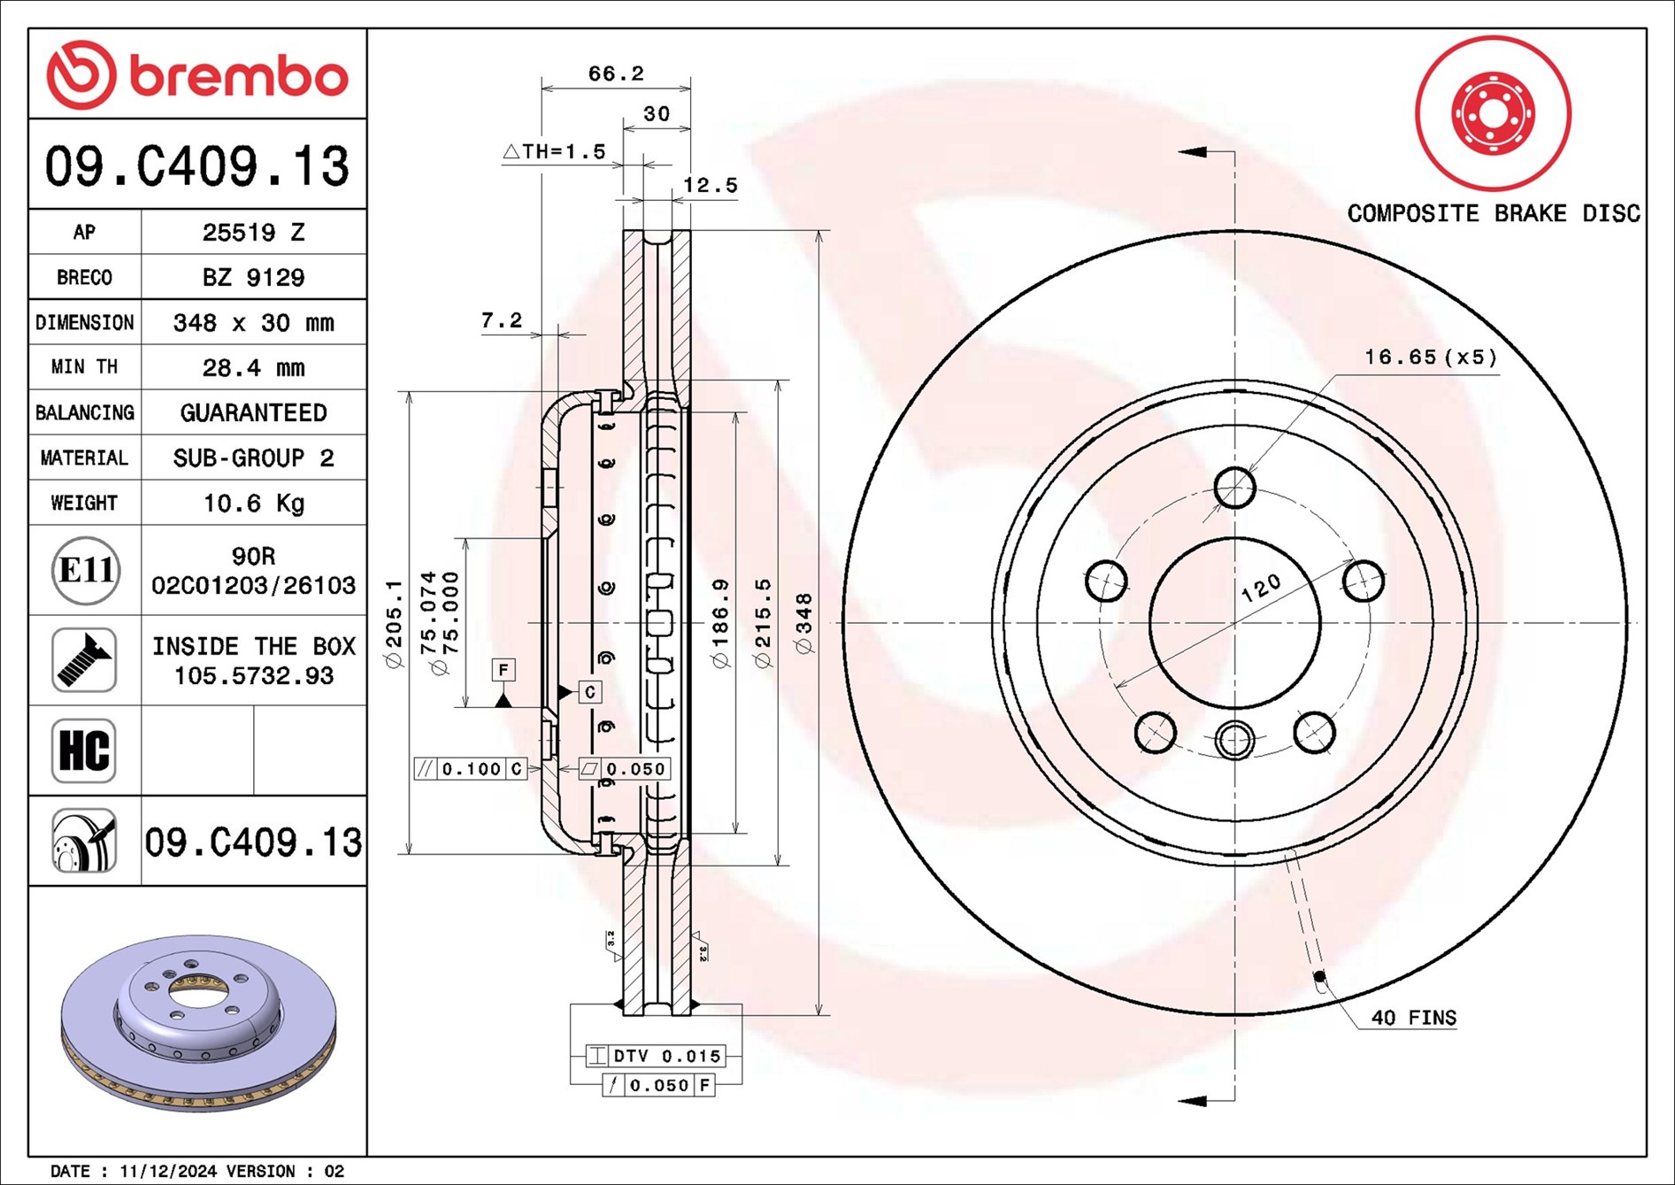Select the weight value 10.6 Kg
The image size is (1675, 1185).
(x=254, y=503)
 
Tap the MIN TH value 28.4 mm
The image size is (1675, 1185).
(x=254, y=367)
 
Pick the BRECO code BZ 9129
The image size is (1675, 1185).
(x=254, y=277)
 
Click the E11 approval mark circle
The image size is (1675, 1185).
(x=85, y=570)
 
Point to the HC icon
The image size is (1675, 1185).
(x=84, y=750)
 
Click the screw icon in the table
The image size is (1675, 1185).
(x=84, y=660)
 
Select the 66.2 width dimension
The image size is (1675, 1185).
(x=616, y=73)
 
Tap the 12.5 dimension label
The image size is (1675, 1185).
(x=710, y=185)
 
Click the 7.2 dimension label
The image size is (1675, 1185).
(x=502, y=320)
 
